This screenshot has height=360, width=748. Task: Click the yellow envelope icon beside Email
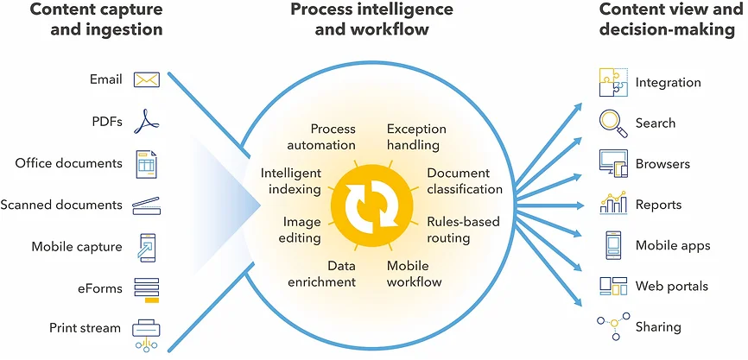(x=147, y=80)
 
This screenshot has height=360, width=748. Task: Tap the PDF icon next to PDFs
(x=147, y=121)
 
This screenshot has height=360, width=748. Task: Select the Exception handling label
(x=413, y=136)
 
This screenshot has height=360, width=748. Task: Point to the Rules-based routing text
(x=462, y=229)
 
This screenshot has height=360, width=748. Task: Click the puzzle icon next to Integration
(x=613, y=82)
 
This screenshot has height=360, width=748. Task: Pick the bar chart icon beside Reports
(x=613, y=204)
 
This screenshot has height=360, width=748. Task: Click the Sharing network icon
(x=612, y=326)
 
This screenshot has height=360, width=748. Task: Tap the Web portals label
(x=671, y=286)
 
